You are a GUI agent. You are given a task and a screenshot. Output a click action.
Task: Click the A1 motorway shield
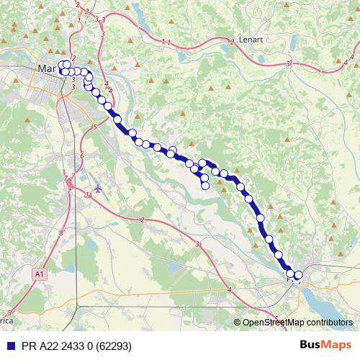tap(38, 274)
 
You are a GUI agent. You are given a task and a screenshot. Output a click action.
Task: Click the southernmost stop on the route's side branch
tap(205, 186)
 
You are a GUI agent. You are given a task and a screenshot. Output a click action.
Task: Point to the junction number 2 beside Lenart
tap(232, 42)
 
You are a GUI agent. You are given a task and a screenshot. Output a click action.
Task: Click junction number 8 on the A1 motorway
tap(61, 233)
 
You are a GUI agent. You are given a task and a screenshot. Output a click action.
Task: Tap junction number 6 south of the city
tap(82, 156)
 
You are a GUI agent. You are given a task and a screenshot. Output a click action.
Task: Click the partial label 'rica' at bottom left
tap(6, 318)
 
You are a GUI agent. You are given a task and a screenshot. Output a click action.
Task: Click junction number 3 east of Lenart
tap(287, 64)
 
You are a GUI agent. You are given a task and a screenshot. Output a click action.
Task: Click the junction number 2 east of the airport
tap(143, 220)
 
